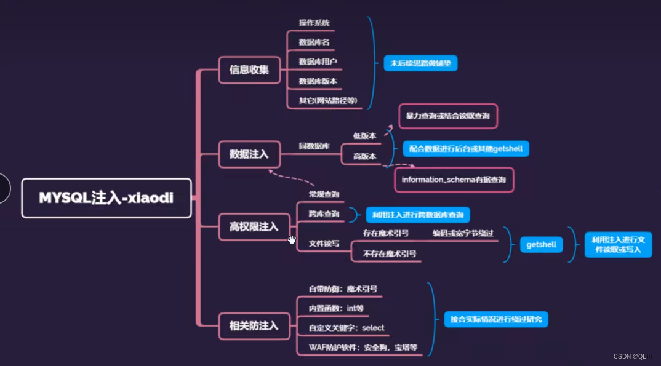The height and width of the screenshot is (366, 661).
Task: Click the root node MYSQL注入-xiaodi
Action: [x=106, y=197]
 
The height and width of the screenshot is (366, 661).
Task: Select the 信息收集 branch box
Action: [x=249, y=70]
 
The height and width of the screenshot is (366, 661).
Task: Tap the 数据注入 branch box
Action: [x=249, y=154]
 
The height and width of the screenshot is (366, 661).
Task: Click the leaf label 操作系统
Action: [x=314, y=23]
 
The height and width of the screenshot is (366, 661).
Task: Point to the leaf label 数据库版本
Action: [x=318, y=81]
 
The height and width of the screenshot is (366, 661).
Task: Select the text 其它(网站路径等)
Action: [x=328, y=101]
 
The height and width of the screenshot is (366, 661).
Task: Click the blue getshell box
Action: [x=542, y=244]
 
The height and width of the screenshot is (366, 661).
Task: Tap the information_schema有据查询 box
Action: [x=454, y=180]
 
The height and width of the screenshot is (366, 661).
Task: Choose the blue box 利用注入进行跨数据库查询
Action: [x=418, y=215]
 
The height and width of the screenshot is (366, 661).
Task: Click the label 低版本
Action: [x=364, y=135]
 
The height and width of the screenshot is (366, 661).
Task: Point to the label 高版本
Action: [x=364, y=156]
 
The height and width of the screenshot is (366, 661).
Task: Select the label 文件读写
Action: [x=324, y=244]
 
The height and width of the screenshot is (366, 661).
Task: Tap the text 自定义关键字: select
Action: [x=347, y=328]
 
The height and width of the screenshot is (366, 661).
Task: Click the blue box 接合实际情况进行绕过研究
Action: [x=496, y=319]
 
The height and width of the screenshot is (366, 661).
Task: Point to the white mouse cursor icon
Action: [x=292, y=239]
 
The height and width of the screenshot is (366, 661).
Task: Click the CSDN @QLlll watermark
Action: [x=634, y=356]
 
